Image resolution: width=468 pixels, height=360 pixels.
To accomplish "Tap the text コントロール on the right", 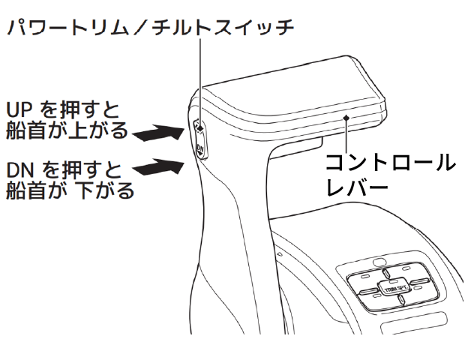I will coord(389,162).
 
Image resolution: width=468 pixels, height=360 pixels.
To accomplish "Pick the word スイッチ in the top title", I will coord(254,28).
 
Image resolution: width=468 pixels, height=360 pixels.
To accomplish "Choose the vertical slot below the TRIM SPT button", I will coord(403,301).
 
